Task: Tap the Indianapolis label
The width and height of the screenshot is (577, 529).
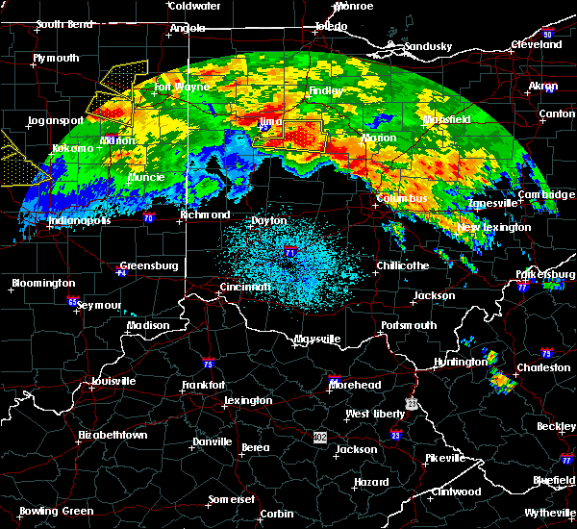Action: click(x=80, y=220)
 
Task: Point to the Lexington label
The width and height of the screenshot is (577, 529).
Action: click(x=248, y=400)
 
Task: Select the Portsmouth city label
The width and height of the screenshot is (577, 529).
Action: click(x=410, y=325)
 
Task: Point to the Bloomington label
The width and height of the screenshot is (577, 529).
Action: click(x=42, y=284)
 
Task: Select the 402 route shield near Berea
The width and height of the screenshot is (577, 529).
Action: click(x=319, y=437)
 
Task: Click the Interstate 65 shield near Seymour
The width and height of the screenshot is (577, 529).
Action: click(x=74, y=300)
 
